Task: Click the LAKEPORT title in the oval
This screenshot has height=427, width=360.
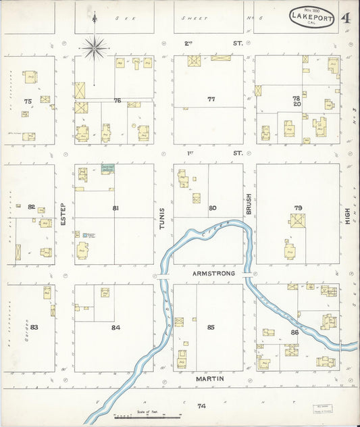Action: point(313,20)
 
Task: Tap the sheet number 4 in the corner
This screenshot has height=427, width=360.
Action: point(345,18)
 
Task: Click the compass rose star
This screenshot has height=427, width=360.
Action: point(95,47)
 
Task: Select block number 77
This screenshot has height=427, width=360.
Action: point(211,99)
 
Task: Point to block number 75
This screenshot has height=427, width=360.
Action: point(27,101)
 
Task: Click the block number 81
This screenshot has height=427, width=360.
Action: point(115,208)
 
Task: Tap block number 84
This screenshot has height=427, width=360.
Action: point(115,327)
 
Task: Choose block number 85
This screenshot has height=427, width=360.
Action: point(211,327)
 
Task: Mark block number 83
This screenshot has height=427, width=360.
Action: point(34,327)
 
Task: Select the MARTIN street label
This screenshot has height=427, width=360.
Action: point(210,380)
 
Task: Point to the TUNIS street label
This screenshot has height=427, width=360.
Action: point(163,220)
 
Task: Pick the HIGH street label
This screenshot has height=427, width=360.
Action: point(347,216)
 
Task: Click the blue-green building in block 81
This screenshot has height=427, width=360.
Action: point(107,168)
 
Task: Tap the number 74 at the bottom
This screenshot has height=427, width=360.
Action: point(201,406)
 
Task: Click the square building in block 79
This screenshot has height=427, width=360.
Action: point(297,221)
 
